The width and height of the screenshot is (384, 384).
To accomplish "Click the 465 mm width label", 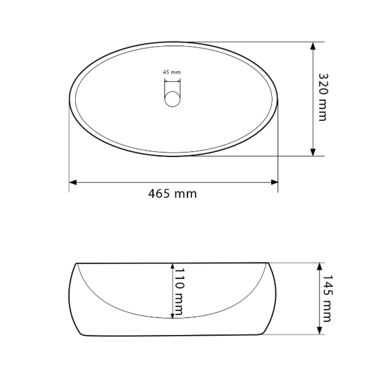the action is pos(172,194).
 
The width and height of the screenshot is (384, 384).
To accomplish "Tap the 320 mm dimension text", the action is pos(323,97).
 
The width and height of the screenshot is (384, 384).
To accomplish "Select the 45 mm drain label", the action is pos(172,72).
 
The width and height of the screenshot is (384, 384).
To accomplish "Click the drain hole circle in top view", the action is pos(172,99).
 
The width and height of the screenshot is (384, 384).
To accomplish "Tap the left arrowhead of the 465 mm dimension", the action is pos(73,182).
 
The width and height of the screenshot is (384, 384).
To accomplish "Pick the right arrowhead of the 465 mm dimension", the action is pos(274,182).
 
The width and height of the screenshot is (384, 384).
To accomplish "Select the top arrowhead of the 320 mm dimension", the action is pos(313,46).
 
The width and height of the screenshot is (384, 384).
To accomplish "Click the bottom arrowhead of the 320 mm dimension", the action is pos(313,152).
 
